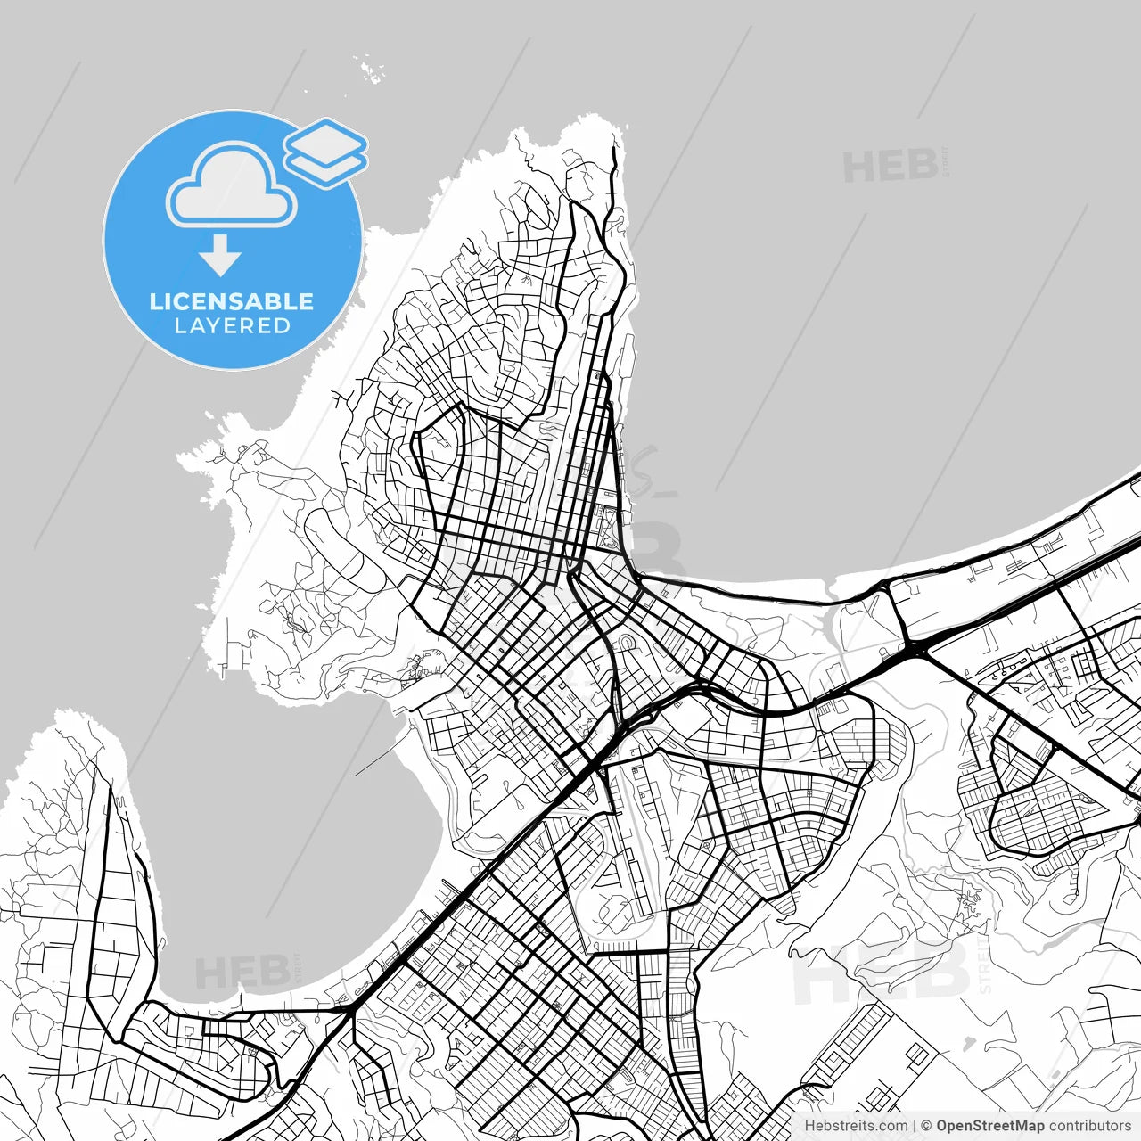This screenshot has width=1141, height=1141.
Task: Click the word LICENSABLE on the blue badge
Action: click(232, 301)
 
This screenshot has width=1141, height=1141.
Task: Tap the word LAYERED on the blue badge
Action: click(232, 326)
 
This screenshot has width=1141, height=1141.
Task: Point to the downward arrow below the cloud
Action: click(220, 256)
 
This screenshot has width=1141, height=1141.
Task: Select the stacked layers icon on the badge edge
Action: click(326, 152)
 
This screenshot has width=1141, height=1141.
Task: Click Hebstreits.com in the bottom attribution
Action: click(856, 1126)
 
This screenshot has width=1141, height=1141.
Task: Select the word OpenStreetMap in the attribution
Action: click(989, 1126)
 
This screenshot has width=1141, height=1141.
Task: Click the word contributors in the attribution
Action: click(1089, 1126)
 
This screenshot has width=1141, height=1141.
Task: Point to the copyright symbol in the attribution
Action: click(926, 1126)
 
